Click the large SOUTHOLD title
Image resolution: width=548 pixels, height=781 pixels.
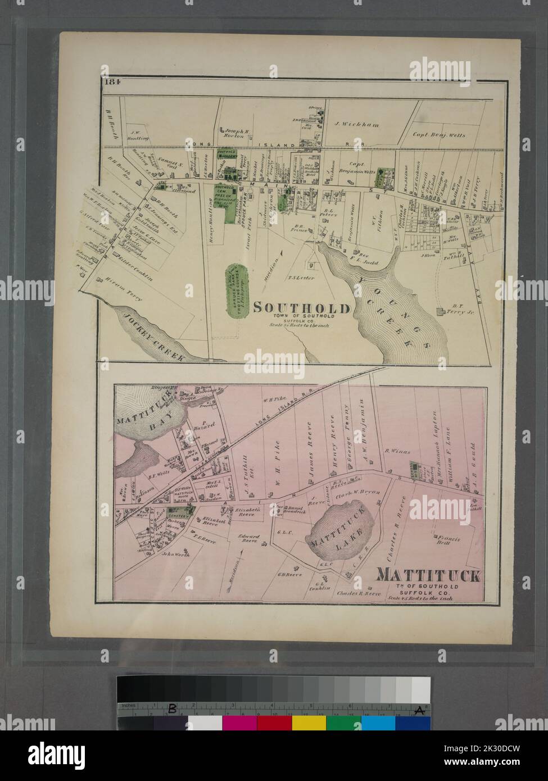pyautogui.click(x=301, y=307)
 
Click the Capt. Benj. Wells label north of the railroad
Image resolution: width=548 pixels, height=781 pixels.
pyautogui.click(x=439, y=135)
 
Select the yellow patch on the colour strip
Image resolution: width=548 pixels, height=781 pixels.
pyautogui.click(x=309, y=723)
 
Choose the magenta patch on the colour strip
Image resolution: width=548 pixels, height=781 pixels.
pyautogui.click(x=239, y=723)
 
